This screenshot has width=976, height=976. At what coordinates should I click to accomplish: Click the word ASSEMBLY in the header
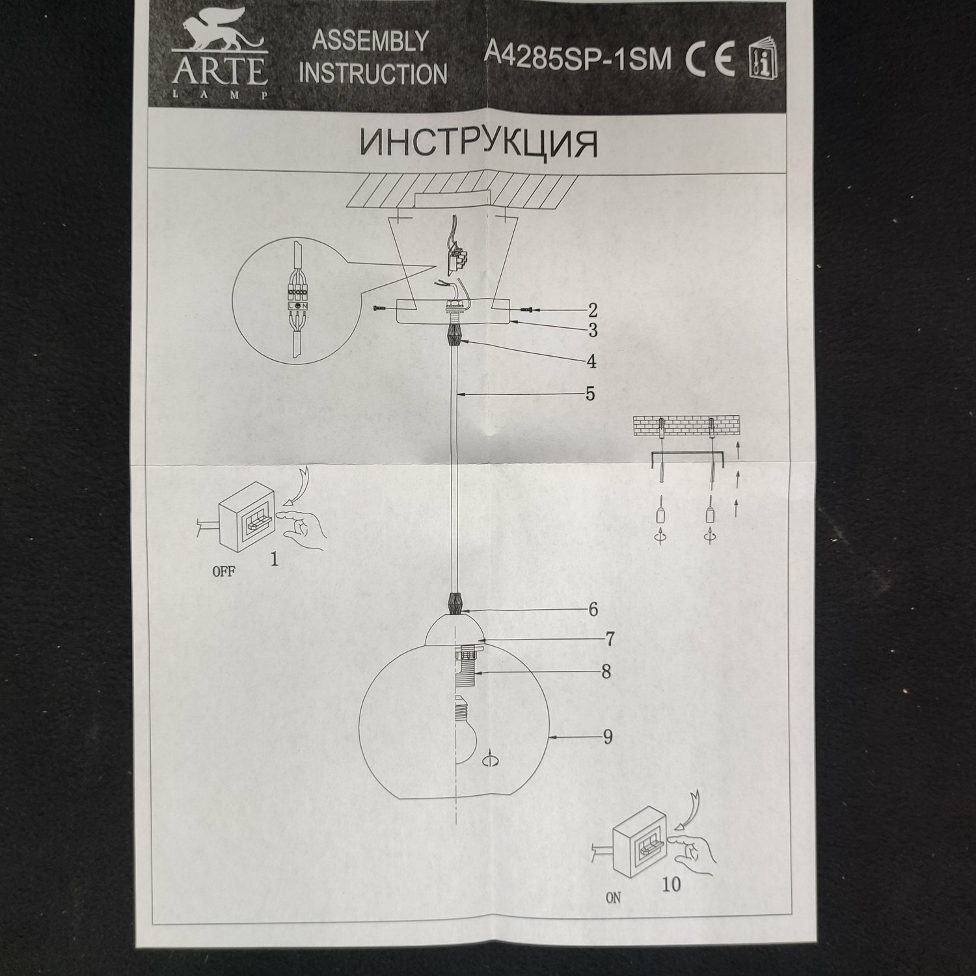click(x=370, y=41)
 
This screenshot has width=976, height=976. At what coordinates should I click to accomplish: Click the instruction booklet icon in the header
click(x=763, y=61)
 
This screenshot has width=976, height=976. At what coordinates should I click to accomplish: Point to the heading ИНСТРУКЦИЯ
click(x=478, y=143)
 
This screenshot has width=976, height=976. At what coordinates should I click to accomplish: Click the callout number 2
click(x=592, y=310)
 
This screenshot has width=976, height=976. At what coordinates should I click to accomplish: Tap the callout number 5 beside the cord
click(x=590, y=393)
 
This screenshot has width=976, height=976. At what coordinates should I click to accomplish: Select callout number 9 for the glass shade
click(x=607, y=737)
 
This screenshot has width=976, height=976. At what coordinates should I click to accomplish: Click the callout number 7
click(x=610, y=640)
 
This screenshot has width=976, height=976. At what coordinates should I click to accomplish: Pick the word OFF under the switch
click(x=224, y=573)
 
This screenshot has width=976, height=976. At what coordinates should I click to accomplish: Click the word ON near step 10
click(x=613, y=898)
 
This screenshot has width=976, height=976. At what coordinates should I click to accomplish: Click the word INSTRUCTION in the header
click(x=373, y=74)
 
